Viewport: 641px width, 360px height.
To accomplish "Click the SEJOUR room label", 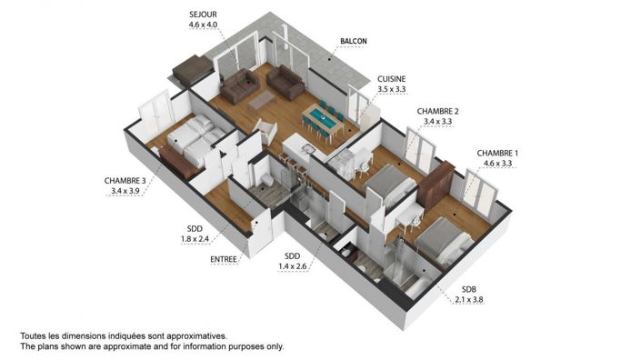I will click(x=204, y=15).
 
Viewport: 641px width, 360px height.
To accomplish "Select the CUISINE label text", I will click(x=392, y=79).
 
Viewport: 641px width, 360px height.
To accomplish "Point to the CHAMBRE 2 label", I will click(x=438, y=111).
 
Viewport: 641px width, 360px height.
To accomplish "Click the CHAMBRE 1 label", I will click(x=499, y=153).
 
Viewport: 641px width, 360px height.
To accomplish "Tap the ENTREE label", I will click(x=223, y=260).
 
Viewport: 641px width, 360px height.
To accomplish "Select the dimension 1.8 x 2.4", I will click(x=195, y=239).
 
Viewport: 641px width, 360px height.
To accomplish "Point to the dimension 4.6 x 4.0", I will click(x=204, y=25).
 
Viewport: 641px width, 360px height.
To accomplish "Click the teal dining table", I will click(x=320, y=118).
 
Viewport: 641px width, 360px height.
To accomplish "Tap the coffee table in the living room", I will click(x=262, y=97).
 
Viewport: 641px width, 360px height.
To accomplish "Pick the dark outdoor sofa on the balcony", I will click(x=194, y=69).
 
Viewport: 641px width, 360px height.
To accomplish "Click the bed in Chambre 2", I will click(x=388, y=186).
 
